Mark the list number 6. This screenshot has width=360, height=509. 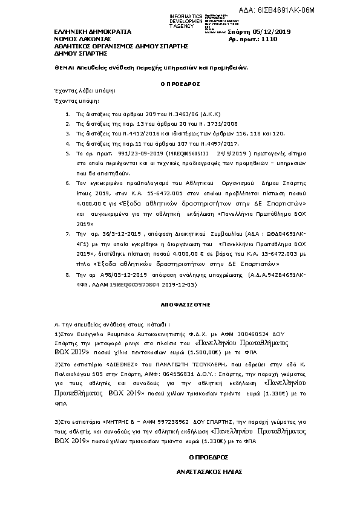pyautogui.click(x=67, y=181)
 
